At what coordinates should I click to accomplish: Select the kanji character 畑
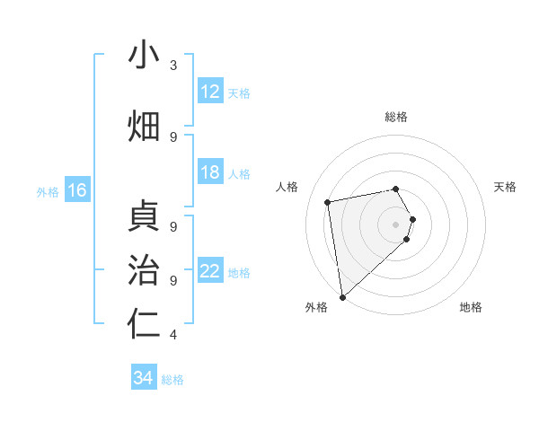[144, 127]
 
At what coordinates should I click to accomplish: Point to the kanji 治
[144, 270]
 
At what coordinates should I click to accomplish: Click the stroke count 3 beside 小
[172, 66]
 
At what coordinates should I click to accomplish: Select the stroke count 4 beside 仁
[172, 335]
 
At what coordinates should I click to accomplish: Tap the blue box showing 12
[210, 92]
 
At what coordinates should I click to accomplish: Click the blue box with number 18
[210, 172]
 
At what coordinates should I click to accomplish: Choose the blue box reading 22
[210, 271]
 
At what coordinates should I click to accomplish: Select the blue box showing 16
[77, 190]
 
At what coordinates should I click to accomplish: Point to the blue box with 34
[144, 378]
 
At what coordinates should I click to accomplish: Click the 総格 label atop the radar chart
[396, 117]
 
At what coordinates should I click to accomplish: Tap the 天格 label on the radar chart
[506, 187]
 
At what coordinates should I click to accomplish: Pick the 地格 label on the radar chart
[471, 307]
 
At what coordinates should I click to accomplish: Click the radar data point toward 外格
[342, 296]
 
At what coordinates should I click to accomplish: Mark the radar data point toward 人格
[328, 202]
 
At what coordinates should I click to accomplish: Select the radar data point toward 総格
[396, 189]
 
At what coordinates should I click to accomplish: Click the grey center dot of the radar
[396, 223]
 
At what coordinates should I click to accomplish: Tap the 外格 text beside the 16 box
[48, 191]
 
